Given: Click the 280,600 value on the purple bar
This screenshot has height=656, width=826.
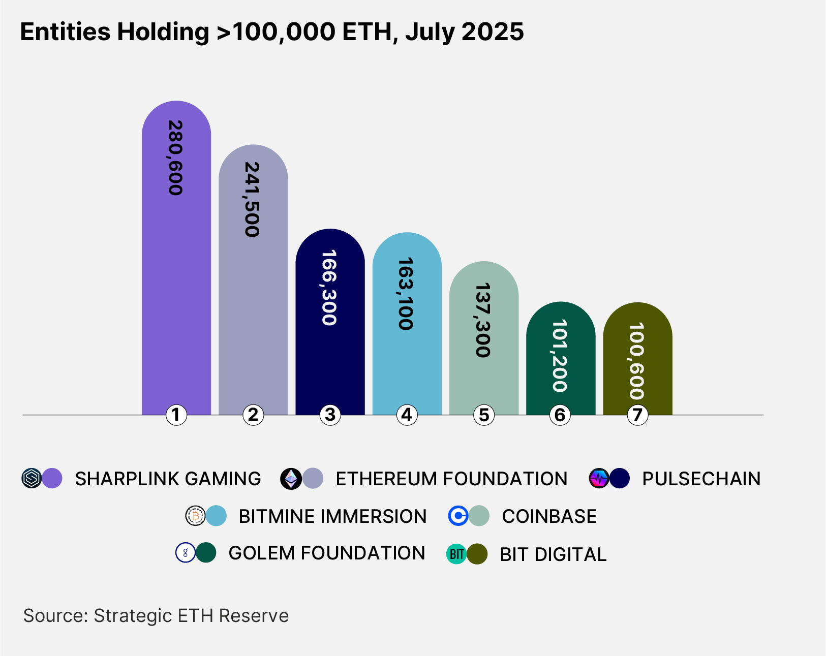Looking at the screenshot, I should coord(175,158).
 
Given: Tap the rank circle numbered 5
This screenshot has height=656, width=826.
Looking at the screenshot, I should coord(483,415).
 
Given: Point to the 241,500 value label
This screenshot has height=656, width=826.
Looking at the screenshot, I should coord(253,200).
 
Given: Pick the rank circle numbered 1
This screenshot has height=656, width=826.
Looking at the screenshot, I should coord(176,415).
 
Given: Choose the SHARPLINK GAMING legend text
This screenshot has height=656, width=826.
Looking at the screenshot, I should coord(168,479).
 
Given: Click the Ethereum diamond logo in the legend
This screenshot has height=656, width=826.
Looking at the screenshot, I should coord(291,479).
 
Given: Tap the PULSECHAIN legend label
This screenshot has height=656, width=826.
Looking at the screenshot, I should coord(701,479).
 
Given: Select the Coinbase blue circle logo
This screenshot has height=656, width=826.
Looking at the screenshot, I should coord(458,516).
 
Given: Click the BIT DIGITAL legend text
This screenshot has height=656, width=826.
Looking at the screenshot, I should coord(553,554).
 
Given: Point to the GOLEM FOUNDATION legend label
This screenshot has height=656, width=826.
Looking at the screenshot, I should coord(326,553).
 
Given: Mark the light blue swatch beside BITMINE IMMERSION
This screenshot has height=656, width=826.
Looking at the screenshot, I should coord(217,516).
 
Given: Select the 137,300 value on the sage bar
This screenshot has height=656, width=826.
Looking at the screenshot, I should coord(483,321).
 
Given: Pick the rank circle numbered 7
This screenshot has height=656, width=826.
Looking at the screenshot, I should coord(637,415).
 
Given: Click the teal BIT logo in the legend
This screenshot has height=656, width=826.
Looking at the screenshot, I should coord(456,554).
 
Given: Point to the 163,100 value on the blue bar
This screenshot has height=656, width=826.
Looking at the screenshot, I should coord(406,294).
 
